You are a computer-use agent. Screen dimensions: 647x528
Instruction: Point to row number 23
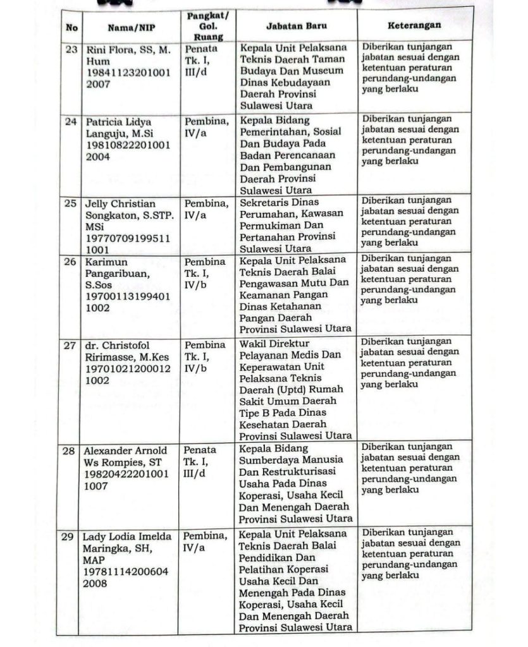[x=71, y=49]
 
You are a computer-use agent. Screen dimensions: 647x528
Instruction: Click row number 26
[x=71, y=261]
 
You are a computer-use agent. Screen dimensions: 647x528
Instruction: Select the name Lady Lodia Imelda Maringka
[x=127, y=543]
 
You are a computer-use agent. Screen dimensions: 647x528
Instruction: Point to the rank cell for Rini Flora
[x=202, y=61]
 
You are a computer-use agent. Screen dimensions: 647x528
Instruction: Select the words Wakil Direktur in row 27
[x=271, y=344]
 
